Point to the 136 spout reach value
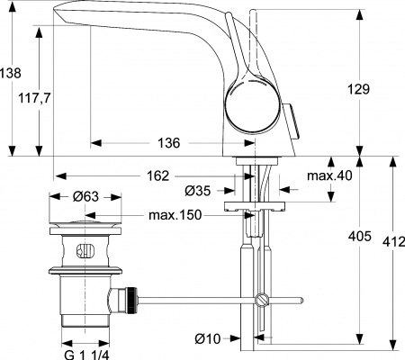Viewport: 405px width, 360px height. click(x=168, y=143)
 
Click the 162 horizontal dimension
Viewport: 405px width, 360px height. click(x=158, y=176)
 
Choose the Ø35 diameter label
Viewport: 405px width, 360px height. click(x=198, y=191)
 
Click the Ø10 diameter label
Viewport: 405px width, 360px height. click(x=208, y=338)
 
